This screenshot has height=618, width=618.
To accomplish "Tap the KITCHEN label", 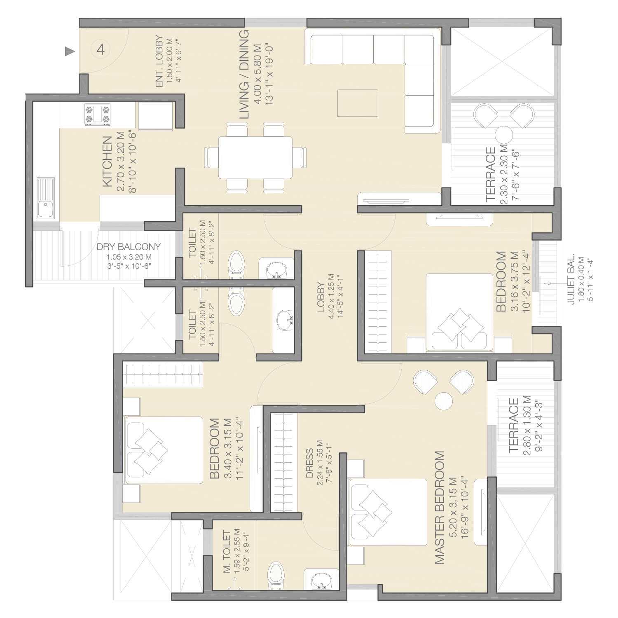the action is click(x=107, y=162).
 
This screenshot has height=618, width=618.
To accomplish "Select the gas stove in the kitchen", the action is click(x=98, y=115).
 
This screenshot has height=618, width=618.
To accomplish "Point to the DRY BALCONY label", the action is click(x=129, y=247).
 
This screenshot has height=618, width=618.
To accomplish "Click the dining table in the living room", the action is click(x=255, y=157).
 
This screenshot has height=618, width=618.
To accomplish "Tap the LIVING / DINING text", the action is click(x=245, y=75).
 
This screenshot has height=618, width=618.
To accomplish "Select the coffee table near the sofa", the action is click(x=358, y=103).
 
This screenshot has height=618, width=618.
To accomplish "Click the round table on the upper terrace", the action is click(x=504, y=134).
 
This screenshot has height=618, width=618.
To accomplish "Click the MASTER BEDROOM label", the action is click(x=440, y=508).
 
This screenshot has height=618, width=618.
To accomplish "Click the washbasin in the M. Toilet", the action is click(x=321, y=580).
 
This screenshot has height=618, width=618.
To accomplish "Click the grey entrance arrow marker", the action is click(x=70, y=51).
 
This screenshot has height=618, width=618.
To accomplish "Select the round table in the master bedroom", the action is click(x=444, y=401).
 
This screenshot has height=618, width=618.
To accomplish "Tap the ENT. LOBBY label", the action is click(x=159, y=62).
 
